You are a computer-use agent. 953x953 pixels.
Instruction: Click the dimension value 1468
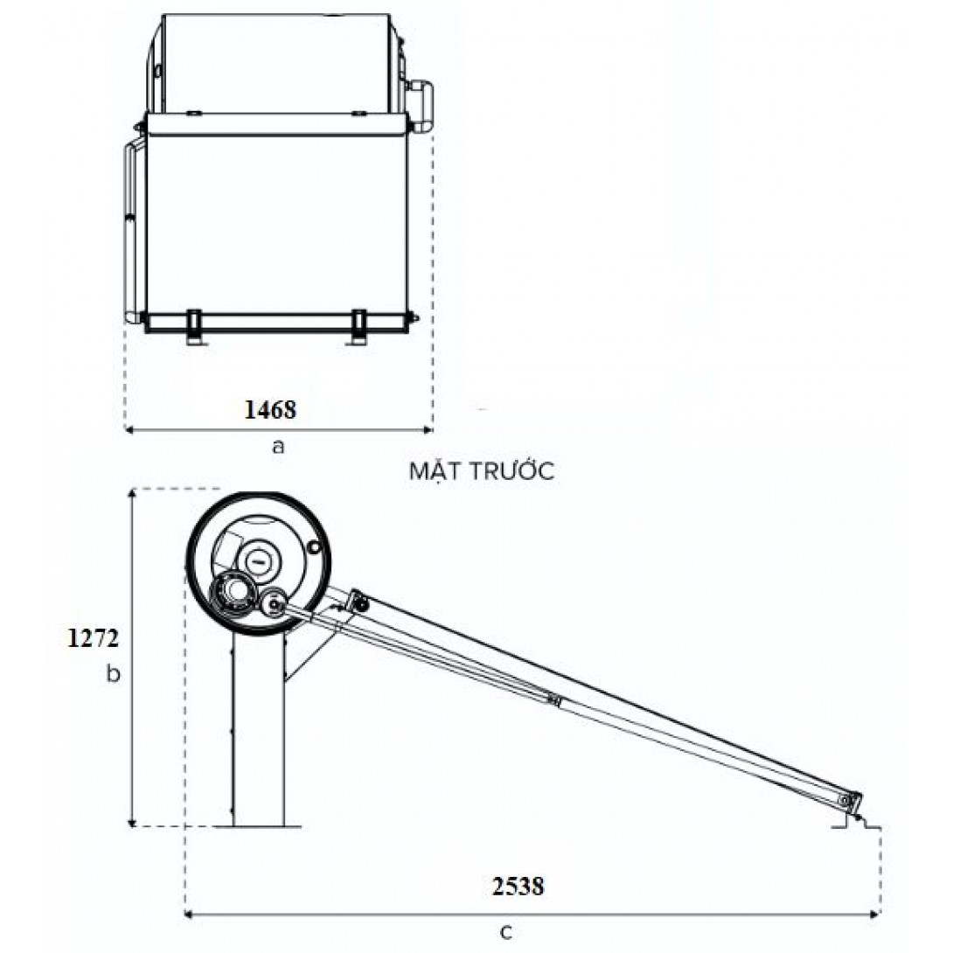pyautogui.click(x=271, y=408)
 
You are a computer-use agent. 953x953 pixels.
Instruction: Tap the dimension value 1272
pyautogui.click(x=93, y=638)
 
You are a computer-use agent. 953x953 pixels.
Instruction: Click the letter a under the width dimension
pyautogui.click(x=278, y=446)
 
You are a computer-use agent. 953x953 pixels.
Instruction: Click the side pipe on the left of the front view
pyautogui.click(x=129, y=227)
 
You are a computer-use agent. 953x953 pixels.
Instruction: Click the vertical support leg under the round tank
pyautogui.click(x=258, y=726)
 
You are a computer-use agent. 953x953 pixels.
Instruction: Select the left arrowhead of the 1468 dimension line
pyautogui.click(x=128, y=429)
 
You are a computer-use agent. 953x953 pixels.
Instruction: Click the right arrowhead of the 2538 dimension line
pyautogui.click(x=876, y=915)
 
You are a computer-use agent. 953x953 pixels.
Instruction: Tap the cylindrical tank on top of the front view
pyautogui.click(x=275, y=61)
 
